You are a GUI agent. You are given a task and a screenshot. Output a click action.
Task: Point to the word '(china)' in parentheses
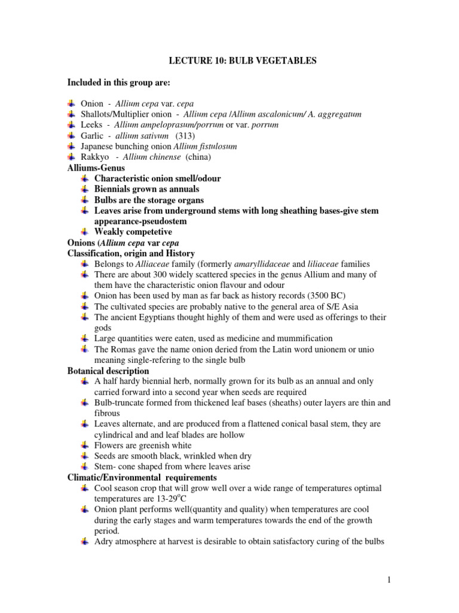[x=198, y=157]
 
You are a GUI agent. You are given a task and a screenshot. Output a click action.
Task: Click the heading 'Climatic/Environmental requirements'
[x=142, y=478]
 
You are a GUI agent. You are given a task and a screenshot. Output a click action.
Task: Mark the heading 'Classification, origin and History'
[x=131, y=254]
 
